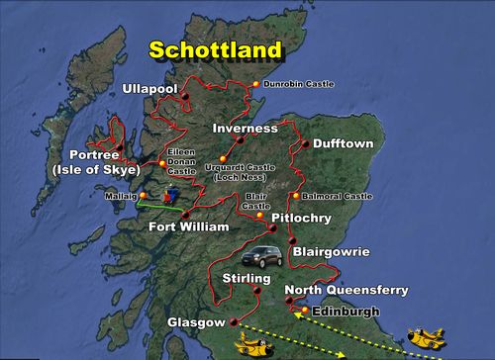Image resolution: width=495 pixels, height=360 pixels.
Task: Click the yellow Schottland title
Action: pos(214,49)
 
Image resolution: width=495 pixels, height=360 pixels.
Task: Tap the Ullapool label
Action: pos(148,90)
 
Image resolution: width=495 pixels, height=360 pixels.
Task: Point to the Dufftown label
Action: pos(337,143)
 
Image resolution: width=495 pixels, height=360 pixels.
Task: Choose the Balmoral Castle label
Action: pos(337,197)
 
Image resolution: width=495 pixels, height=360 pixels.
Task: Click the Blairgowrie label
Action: pos(331,252)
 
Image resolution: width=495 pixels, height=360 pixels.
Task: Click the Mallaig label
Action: pos(116,196)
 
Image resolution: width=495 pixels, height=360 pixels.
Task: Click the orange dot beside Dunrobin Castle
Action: pos(256,84)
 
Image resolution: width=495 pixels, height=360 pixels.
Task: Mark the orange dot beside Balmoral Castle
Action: pos(295,196)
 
